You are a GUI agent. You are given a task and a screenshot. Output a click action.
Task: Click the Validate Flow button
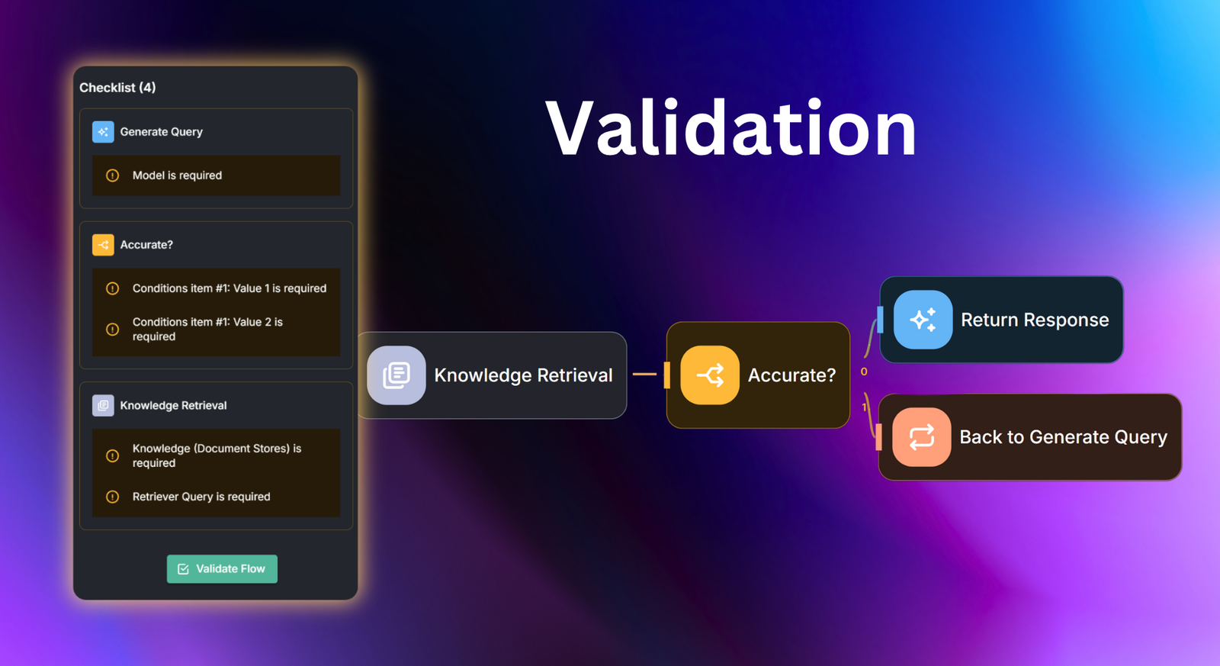tap(222, 569)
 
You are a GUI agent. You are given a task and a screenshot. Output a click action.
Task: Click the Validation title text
tap(730, 129)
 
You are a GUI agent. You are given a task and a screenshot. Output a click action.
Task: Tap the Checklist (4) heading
tap(117, 88)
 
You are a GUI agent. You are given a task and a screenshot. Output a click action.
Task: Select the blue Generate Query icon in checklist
tap(103, 132)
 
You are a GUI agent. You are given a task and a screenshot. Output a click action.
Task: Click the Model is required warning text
tap(177, 175)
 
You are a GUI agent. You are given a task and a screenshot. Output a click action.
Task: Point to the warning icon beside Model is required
tap(113, 175)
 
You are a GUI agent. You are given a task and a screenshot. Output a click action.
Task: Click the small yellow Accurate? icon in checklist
tap(103, 245)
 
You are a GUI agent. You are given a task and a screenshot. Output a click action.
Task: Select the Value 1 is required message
tap(229, 288)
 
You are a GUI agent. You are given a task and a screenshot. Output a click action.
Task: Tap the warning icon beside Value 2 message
tap(113, 330)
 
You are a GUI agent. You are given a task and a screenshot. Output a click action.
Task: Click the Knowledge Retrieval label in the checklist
tap(173, 406)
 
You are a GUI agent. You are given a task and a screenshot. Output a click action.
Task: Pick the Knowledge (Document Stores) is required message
tap(217, 455)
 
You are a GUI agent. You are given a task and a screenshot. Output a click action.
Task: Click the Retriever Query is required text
tap(201, 497)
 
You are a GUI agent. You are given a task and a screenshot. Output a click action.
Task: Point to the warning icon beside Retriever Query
tap(113, 497)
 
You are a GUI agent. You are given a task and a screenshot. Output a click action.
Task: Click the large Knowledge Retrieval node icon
tap(396, 375)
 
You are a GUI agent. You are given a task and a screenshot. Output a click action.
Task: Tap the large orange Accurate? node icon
tap(710, 375)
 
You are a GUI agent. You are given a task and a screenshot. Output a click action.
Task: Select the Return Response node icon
tap(923, 320)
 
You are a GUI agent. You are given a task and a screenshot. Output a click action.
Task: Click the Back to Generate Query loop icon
tap(921, 437)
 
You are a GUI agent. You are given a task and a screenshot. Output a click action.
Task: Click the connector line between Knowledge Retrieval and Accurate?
tap(644, 375)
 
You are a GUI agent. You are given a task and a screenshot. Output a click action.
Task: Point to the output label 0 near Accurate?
tap(864, 372)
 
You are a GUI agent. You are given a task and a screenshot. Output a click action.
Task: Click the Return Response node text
tap(1035, 320)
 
